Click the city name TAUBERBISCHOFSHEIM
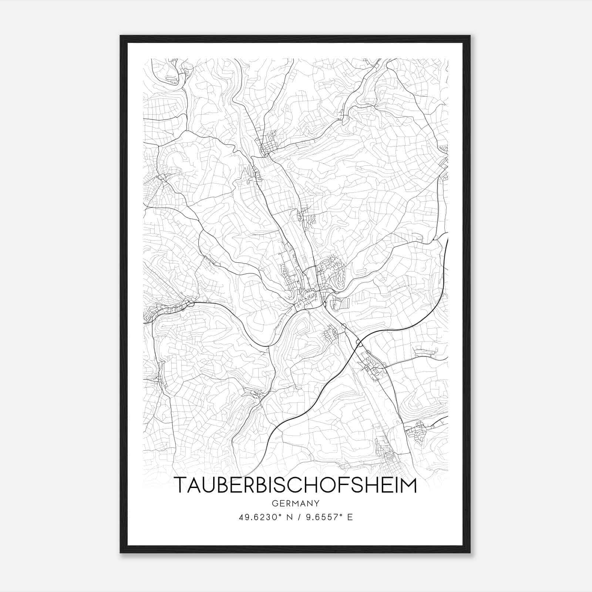pyautogui.click(x=295, y=485)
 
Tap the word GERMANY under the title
pyautogui.click(x=295, y=503)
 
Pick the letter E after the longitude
pyautogui.click(x=350, y=517)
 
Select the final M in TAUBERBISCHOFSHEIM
pyautogui.click(x=408, y=485)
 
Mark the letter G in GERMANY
pyautogui.click(x=274, y=503)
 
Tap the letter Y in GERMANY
pyautogui.click(x=317, y=503)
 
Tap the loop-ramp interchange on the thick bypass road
pyautogui.click(x=358, y=344)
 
